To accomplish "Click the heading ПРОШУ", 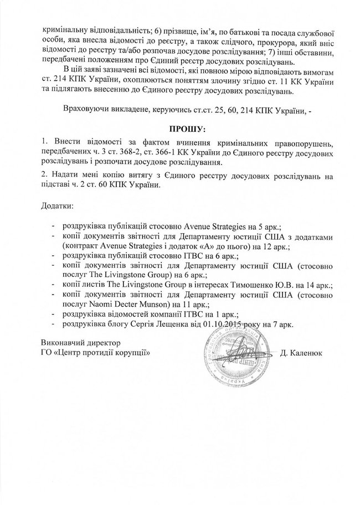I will pyautogui.click(x=180, y=129).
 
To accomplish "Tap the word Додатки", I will pyautogui.click(x=57, y=206).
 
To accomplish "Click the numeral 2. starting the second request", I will pyautogui.click(x=45, y=175).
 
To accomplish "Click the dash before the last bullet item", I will pyautogui.click(x=53, y=323).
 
